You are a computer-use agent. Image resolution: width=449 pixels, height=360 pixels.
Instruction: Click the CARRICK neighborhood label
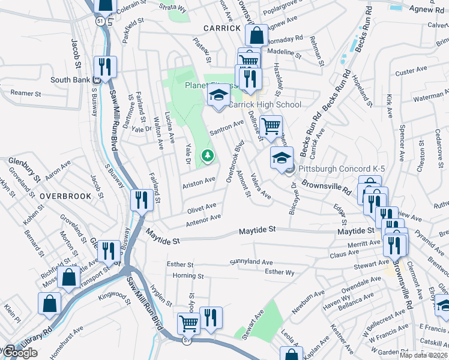[221, 28]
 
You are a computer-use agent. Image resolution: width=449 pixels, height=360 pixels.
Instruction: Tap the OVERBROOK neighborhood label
[66, 196]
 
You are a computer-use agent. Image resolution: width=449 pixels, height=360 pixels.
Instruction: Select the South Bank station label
[70, 80]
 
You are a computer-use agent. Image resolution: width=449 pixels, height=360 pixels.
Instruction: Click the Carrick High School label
[265, 104]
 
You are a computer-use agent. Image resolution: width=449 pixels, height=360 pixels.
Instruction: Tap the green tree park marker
[208, 156]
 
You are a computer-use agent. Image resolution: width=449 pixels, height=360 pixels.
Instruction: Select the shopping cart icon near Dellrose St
[271, 126]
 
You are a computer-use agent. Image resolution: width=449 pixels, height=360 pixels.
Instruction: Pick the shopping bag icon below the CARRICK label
[256, 35]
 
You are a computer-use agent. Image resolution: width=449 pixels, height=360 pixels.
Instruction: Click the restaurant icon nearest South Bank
[105, 67]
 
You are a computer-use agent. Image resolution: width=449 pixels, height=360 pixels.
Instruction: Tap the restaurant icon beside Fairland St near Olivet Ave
[142, 199]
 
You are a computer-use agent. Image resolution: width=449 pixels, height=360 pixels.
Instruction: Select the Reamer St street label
[25, 94]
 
